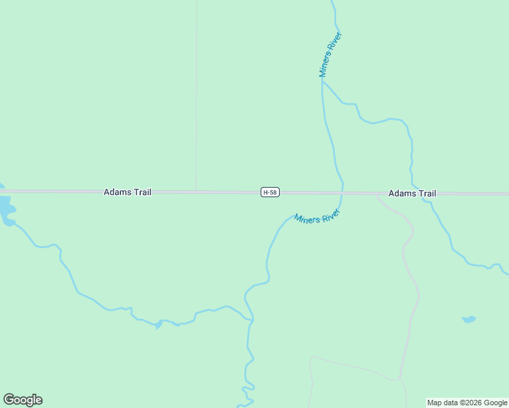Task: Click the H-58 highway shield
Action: coord(270,192)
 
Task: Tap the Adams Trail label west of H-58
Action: coord(127,192)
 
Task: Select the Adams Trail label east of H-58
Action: coord(412,194)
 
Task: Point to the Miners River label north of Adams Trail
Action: coord(331,54)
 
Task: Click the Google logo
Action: coord(22,400)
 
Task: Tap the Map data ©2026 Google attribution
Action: coord(467,403)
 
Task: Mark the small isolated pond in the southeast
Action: coord(468,319)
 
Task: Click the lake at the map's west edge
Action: coord(5,207)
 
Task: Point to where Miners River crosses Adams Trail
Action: coord(342,193)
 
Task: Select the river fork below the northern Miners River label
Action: coord(323,82)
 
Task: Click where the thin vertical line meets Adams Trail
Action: coord(197,191)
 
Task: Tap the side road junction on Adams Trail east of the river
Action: coord(377,194)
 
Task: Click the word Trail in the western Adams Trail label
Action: coord(142,192)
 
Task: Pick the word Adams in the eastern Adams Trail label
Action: coord(401,194)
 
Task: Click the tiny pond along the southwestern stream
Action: coord(158,324)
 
